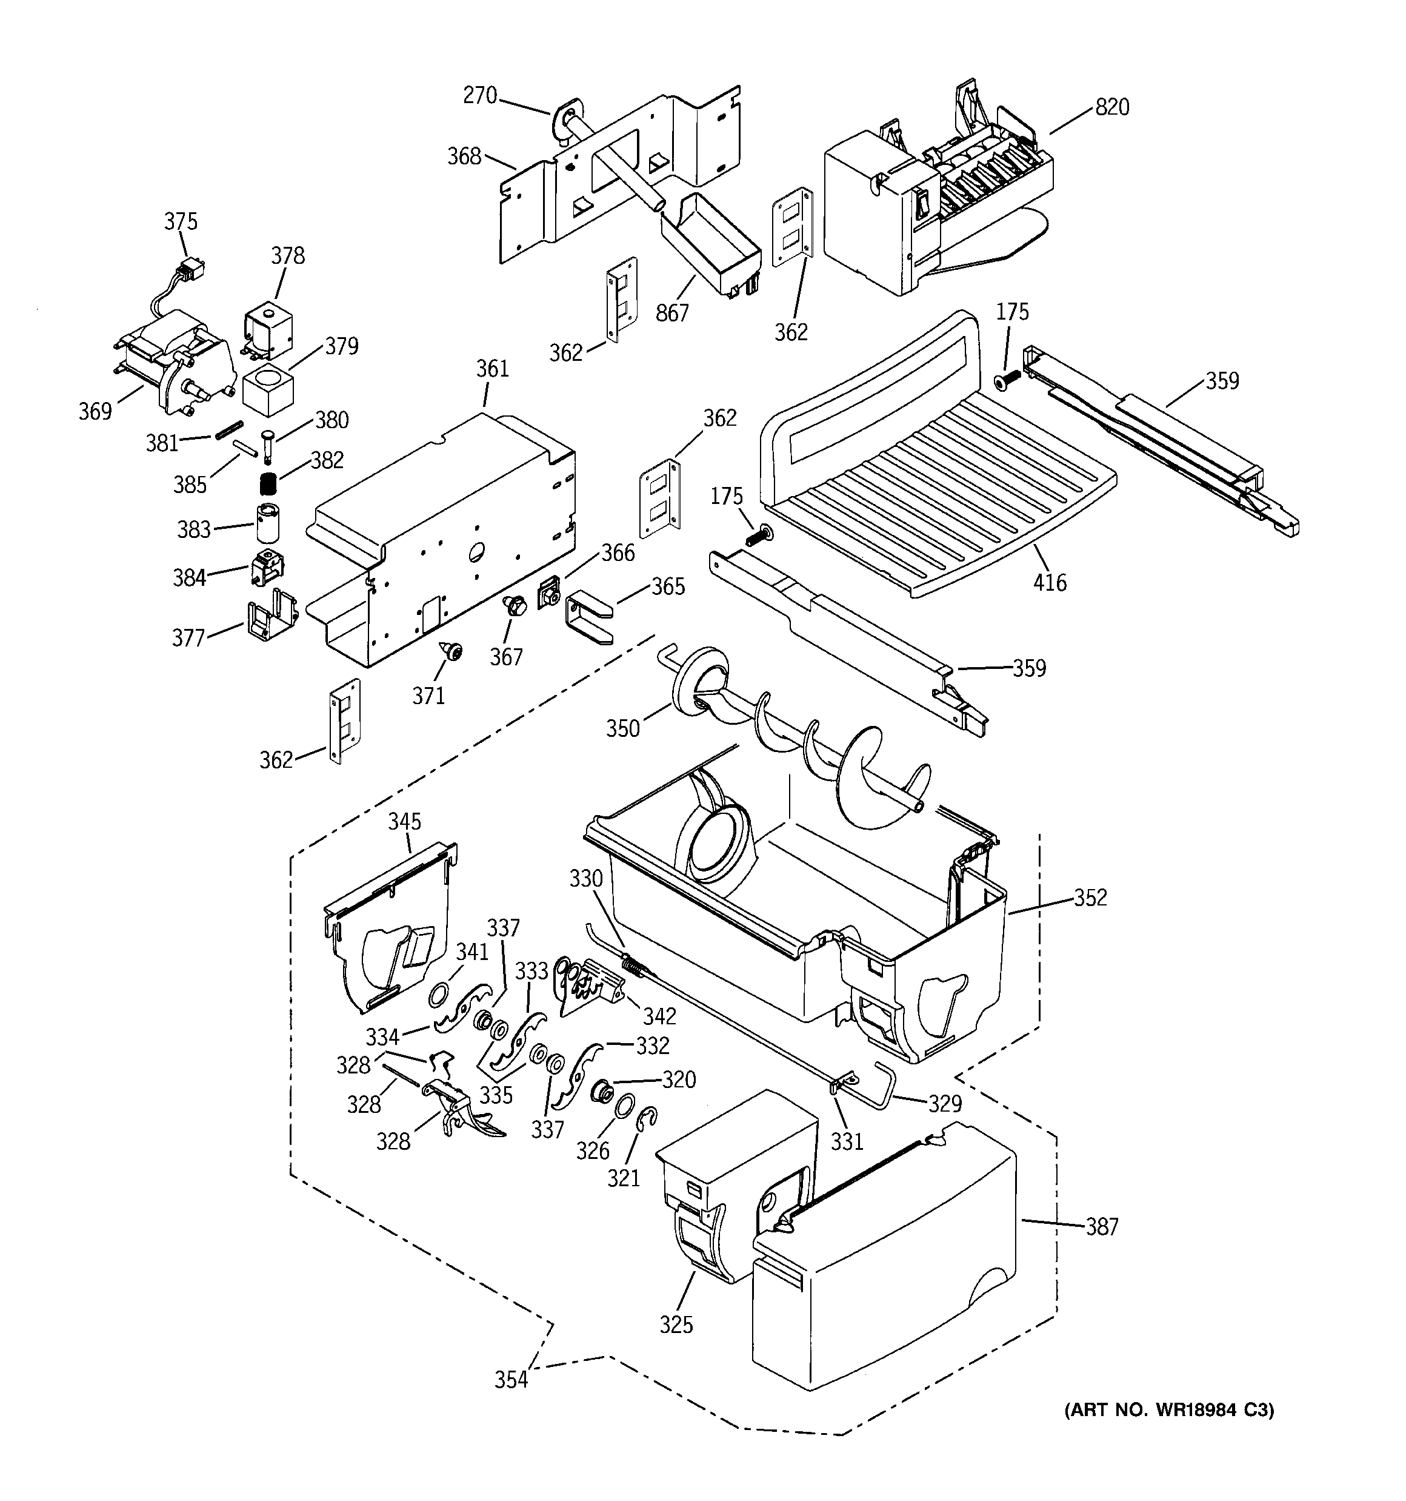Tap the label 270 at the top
tap(480, 95)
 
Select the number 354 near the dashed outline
tap(511, 1380)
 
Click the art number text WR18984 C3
tap(1169, 1409)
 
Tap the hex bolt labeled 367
tap(515, 604)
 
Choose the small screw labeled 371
tap(453, 650)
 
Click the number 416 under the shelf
tap(1050, 582)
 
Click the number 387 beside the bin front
tap(1101, 1227)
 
